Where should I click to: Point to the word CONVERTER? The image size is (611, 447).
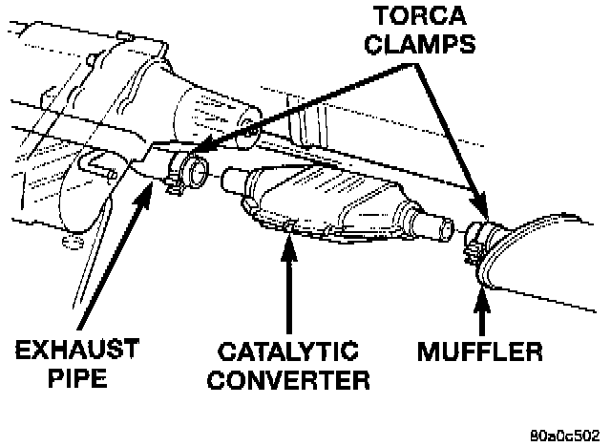(288, 379)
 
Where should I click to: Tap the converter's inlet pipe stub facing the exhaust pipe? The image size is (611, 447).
(228, 180)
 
